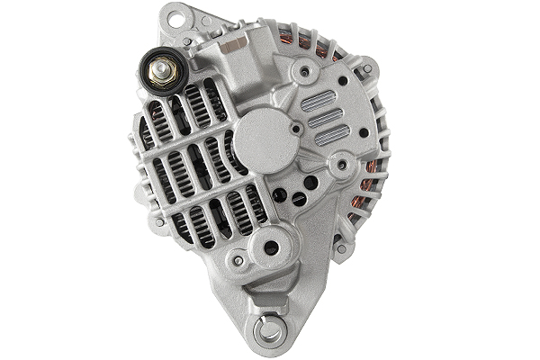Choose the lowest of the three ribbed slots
332,134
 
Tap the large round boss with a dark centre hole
272,247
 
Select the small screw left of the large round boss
238,260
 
